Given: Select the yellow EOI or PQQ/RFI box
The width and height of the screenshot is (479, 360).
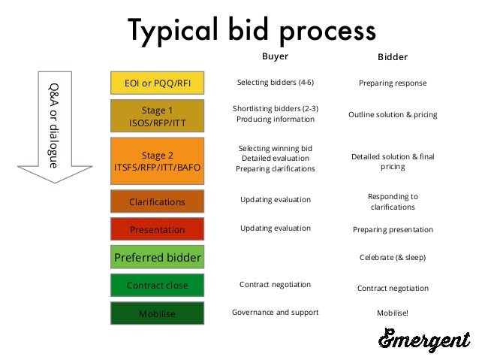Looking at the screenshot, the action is coord(157,83).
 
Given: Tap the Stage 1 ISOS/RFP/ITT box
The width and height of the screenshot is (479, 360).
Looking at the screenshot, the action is coord(157,116).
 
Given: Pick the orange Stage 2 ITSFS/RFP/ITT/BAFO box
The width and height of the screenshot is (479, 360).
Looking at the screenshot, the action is coord(157,162).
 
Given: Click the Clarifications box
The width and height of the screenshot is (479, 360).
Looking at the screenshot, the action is coord(157,201).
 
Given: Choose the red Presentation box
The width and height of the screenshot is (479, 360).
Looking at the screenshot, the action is coord(157,229).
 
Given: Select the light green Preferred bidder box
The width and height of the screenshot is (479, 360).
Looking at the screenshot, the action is coord(157,258).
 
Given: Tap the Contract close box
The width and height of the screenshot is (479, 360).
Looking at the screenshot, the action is coord(157,286).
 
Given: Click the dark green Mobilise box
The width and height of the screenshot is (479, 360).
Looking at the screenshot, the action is coord(157,313).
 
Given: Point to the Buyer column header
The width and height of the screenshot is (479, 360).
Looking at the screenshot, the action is coord(275,56).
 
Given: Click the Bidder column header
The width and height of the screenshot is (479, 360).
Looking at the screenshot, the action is coord(392,57).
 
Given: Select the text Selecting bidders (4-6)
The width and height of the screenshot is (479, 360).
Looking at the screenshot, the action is coord(275,82).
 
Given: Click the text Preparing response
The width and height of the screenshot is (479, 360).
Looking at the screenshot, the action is coord(392,83).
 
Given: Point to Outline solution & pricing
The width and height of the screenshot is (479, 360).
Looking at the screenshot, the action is coord(392,115).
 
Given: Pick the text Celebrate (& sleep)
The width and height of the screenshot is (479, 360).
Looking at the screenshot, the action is coord(392,257).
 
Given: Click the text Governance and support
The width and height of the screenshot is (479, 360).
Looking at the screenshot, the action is coord(275,312).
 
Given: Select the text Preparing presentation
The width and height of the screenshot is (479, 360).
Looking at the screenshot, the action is coord(392,229).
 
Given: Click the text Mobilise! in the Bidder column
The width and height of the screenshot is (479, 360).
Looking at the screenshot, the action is coord(392,313).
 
